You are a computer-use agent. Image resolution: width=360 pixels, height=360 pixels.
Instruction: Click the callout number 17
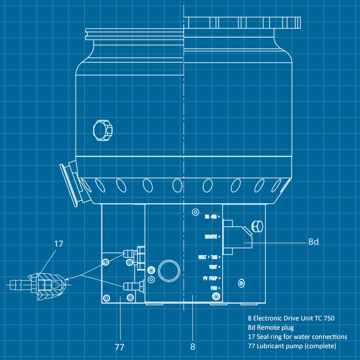[x=59, y=244]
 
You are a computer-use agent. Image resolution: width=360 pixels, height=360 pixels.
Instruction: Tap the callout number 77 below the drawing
[x=119, y=347]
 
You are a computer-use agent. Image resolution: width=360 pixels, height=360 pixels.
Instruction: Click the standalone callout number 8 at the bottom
[x=193, y=347]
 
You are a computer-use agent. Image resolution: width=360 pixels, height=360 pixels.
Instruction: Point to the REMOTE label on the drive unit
[x=211, y=237]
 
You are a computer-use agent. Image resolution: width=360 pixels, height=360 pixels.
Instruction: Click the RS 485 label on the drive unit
[x=211, y=217]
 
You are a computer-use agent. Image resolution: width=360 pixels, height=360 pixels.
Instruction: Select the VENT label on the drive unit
[x=213, y=267]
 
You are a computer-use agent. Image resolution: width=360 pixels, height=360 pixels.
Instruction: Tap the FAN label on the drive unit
[x=213, y=288]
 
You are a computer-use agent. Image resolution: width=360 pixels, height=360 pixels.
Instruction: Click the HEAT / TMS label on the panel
[x=209, y=257]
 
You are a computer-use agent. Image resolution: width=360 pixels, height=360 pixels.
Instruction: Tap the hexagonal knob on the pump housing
[x=102, y=129]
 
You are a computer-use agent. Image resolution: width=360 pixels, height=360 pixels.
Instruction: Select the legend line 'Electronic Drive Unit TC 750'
[x=291, y=318]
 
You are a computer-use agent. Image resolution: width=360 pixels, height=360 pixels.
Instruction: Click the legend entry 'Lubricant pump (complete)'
[x=292, y=346]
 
